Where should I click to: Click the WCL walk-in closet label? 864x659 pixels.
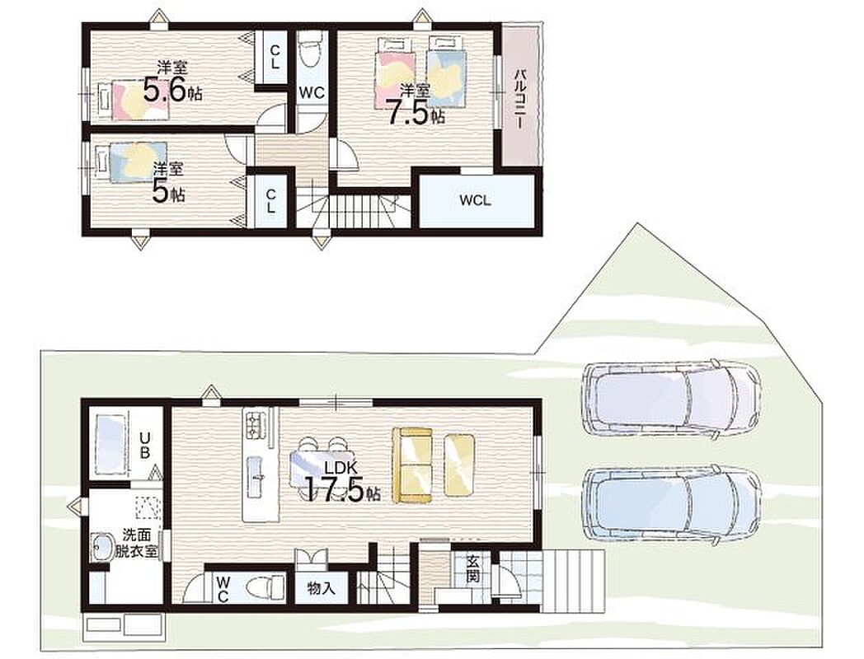(475, 200)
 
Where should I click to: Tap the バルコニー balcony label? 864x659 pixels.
(519, 100)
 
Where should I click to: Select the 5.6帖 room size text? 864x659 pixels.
(172, 90)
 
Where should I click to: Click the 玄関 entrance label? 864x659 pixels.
(472, 570)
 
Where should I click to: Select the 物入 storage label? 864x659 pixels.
(322, 588)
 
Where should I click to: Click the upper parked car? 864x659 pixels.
(671, 400)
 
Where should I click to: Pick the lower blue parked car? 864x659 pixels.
(672, 507)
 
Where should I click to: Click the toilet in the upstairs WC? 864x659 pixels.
(312, 52)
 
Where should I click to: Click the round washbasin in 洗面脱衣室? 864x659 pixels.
(102, 548)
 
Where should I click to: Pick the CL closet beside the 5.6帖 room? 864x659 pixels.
(274, 57)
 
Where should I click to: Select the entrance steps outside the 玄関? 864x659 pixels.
(573, 580)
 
